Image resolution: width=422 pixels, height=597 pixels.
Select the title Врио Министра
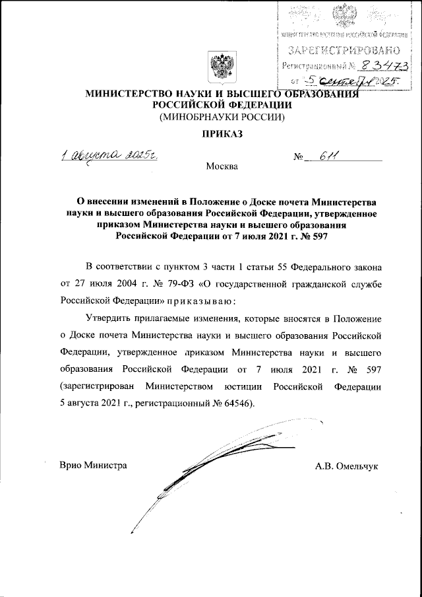point(93,466)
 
